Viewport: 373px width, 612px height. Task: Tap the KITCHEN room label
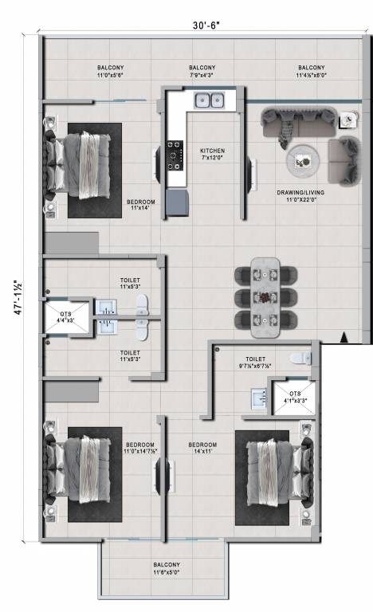[212, 155]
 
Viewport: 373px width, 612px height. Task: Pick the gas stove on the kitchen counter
[175, 155]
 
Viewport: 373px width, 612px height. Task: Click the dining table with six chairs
[265, 296]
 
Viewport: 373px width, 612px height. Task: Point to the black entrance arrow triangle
[344, 337]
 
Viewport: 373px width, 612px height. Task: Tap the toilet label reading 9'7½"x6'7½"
[255, 363]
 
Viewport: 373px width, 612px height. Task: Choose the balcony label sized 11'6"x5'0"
[167, 568]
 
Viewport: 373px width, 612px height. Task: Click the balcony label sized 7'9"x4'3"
[202, 72]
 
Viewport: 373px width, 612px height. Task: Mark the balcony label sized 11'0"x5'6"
[111, 72]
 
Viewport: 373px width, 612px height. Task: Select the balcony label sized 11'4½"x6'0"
[311, 72]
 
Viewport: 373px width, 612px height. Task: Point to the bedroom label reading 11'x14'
[140, 206]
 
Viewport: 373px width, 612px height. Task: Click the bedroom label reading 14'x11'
[202, 448]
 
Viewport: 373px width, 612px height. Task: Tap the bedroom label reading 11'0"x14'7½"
[140, 448]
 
